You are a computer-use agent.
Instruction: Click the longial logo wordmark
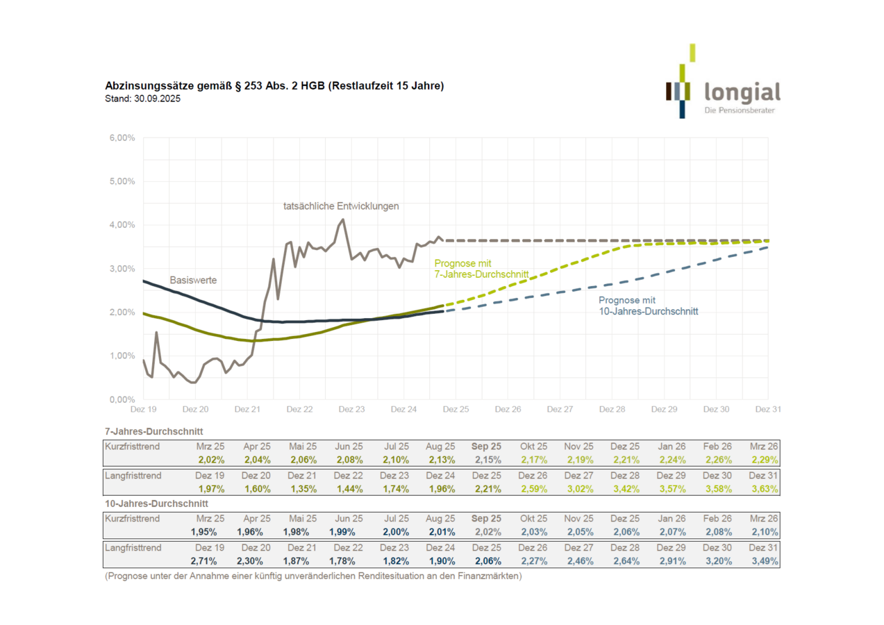point(742,92)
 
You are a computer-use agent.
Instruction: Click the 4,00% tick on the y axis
point(122,225)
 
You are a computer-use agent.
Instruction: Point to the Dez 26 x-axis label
point(508,410)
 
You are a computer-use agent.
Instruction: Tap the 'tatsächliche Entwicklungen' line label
point(341,206)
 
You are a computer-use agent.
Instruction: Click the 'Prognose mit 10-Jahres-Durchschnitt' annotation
point(648,306)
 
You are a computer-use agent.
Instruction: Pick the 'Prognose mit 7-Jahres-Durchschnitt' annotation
point(481,269)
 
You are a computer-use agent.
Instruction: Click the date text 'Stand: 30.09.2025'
point(143,99)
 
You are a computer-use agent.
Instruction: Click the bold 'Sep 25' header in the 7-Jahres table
point(486,447)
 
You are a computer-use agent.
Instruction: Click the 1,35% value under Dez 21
point(303,489)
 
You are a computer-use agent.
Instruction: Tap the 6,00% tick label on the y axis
point(122,138)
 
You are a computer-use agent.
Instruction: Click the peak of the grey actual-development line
point(342,219)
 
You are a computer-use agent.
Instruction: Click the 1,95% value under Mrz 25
point(203,532)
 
